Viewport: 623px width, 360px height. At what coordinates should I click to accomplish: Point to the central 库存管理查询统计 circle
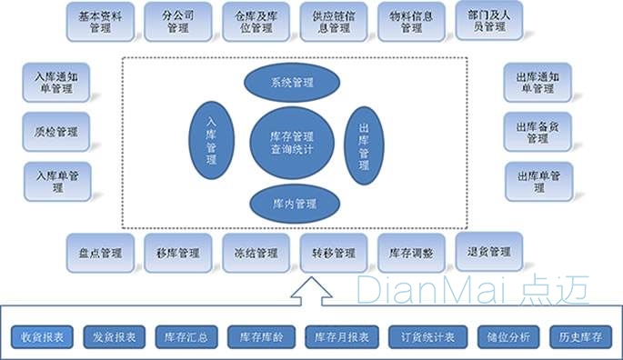pos(292,141)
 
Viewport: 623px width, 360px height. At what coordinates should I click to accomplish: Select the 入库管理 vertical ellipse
pos(212,140)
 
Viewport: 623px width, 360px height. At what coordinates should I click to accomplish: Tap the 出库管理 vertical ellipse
pos(365,140)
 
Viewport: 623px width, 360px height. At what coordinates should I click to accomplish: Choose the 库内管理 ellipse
pos(292,204)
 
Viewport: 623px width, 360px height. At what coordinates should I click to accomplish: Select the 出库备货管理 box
pos(538,133)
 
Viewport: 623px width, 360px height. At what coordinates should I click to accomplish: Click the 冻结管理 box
pos(256,253)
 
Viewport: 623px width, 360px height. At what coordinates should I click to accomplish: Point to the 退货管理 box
pos(488,252)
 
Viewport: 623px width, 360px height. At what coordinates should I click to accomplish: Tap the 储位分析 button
pos(502,336)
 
